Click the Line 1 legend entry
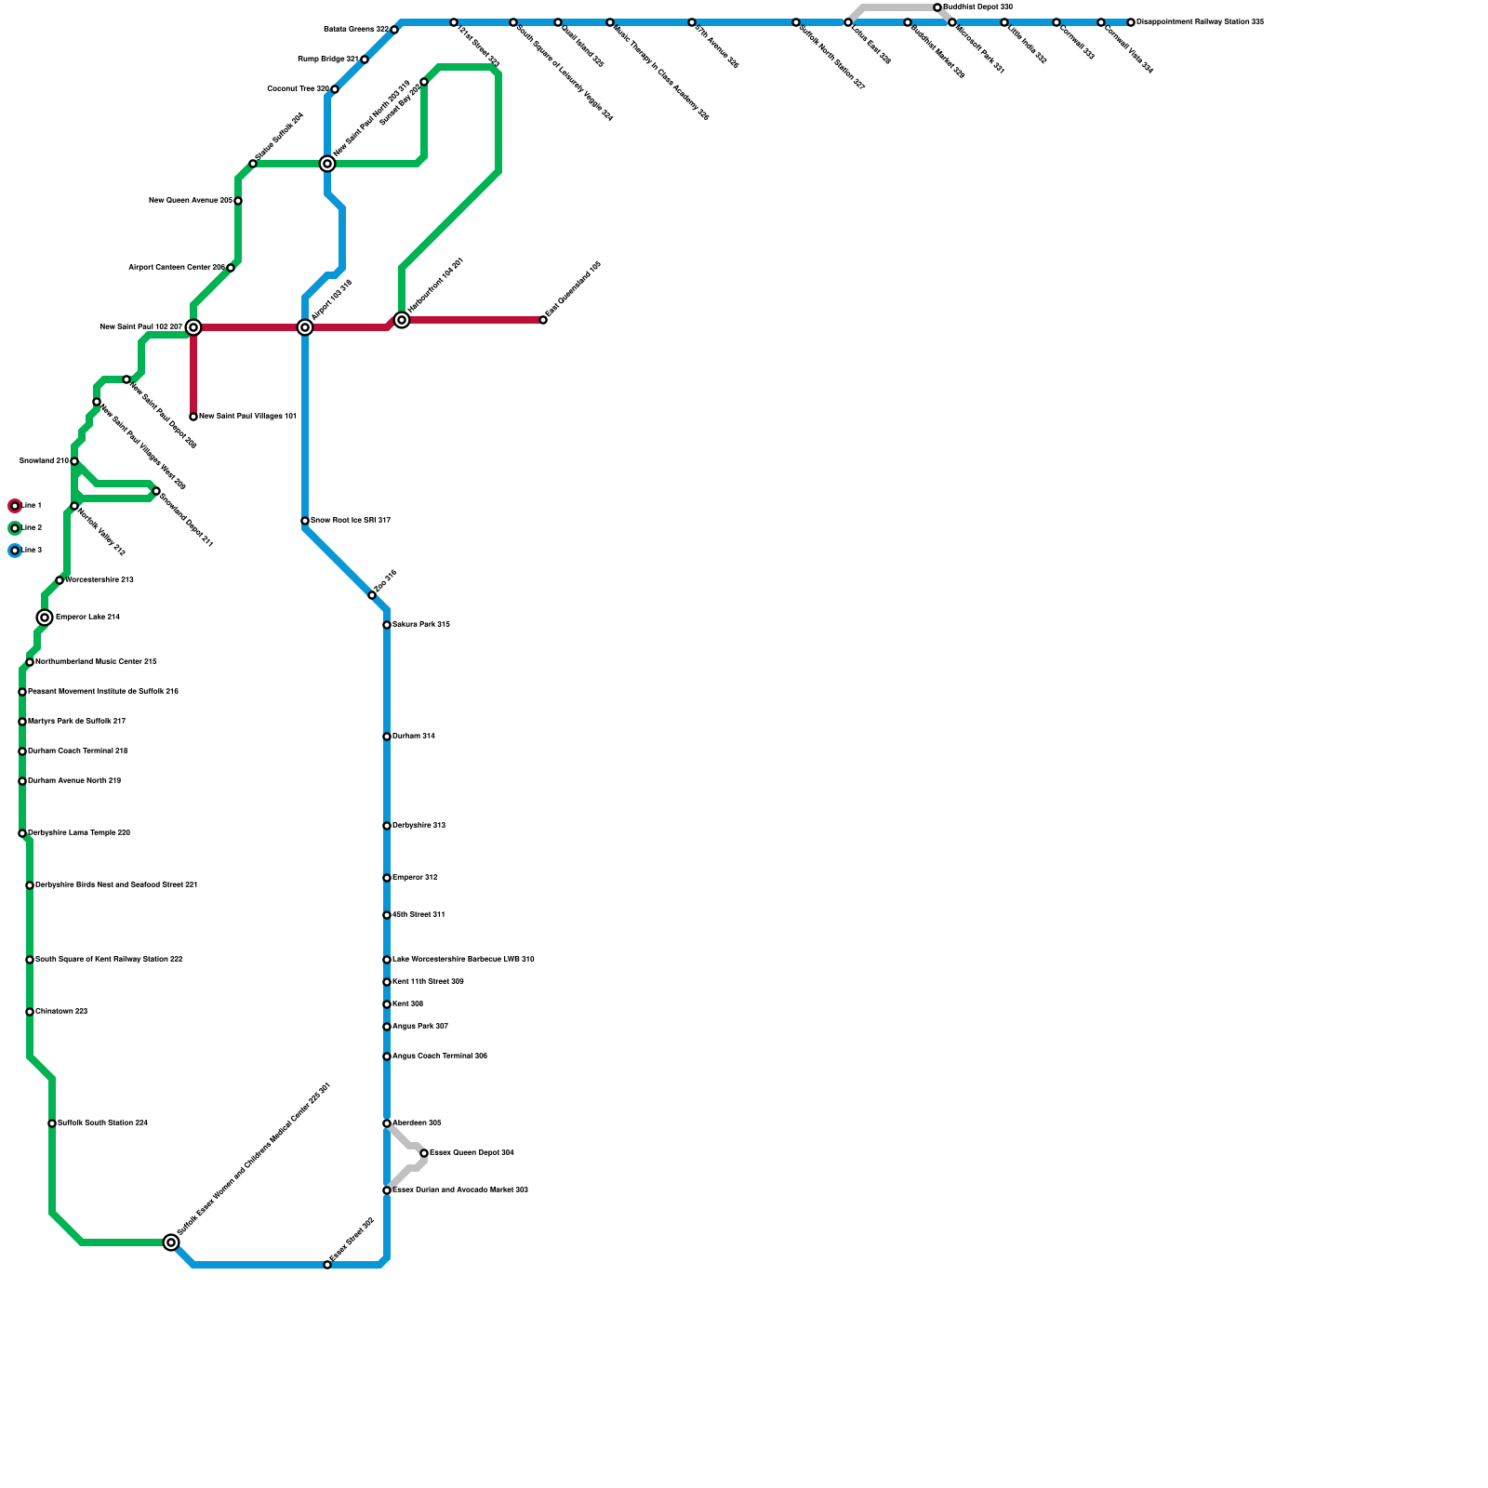click(15, 506)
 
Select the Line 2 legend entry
click(15, 528)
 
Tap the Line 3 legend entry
click(15, 551)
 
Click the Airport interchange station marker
click(305, 327)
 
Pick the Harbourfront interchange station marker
click(402, 320)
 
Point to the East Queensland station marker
click(543, 320)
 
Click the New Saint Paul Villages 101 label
click(247, 417)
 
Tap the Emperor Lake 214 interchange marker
click(45, 618)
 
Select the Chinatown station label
click(61, 1012)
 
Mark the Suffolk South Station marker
click(52, 1123)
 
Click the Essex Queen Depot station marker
click(424, 1153)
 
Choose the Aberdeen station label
click(417, 1123)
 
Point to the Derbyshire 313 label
click(418, 826)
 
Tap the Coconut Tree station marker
click(335, 89)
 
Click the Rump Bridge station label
click(327, 60)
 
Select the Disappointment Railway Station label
click(1200, 22)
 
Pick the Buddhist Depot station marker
click(937, 7)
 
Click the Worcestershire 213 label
click(100, 580)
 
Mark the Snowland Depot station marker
click(156, 491)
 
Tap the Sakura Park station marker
click(387, 625)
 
